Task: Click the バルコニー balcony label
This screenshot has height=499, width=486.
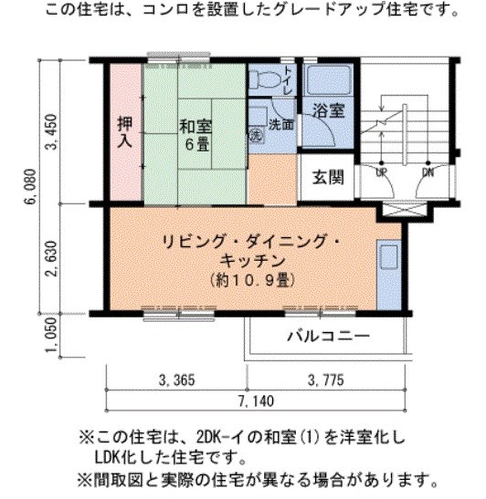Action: tap(328, 336)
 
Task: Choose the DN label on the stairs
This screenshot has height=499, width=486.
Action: tap(428, 172)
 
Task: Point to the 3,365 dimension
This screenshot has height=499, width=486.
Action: tap(176, 379)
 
